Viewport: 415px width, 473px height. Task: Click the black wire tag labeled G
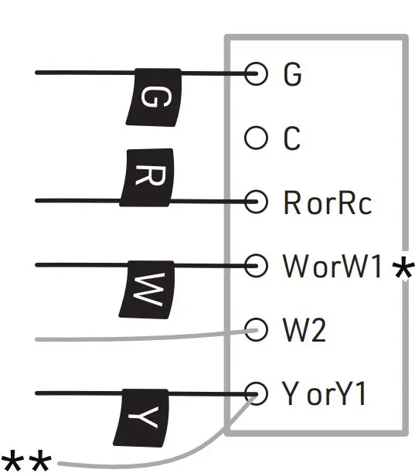(153, 96)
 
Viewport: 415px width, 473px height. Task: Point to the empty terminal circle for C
(254, 139)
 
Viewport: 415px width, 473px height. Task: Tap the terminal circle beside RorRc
(254, 202)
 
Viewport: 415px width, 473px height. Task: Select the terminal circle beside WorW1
(254, 266)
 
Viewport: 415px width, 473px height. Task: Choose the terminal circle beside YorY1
(254, 393)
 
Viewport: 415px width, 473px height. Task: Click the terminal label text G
(292, 74)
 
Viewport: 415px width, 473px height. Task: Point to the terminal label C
(291, 140)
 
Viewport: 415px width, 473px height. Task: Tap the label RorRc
(326, 203)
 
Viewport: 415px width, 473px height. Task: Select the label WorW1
(332, 267)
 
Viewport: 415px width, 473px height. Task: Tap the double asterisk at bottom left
(26, 462)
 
